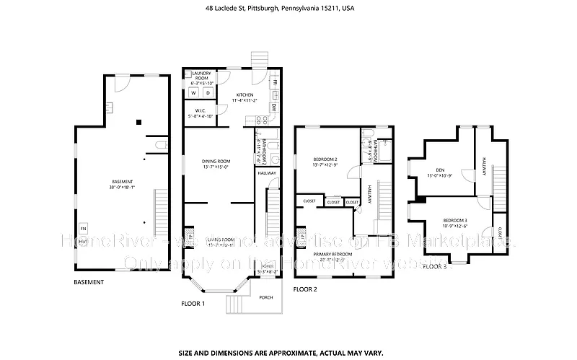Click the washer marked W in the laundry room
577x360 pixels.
click(193, 93)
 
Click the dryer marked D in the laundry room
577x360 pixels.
click(208, 93)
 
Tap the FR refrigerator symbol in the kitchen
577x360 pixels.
click(274, 82)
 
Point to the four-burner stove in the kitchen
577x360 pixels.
click(274, 95)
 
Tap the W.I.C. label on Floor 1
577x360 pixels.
click(198, 110)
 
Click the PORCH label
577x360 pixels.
click(265, 297)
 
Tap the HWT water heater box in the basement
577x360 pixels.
click(83, 241)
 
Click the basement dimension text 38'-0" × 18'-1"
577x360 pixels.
click(122, 188)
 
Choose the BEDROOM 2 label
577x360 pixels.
click(325, 159)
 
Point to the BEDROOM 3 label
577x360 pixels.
click(454, 219)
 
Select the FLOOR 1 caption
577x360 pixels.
click(193, 304)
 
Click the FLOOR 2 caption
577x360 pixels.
click(305, 289)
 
